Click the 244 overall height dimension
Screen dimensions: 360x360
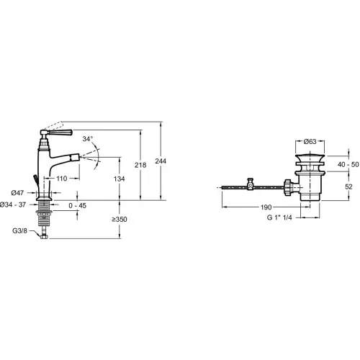(x=161, y=161)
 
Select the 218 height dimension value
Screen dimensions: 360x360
(x=140, y=165)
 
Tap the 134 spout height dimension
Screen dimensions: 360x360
(x=120, y=179)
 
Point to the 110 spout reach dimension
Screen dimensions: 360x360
(x=62, y=179)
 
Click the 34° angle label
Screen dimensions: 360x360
(x=88, y=139)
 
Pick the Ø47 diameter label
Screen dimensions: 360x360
(x=17, y=192)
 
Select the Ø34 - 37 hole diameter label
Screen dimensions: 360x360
(x=13, y=204)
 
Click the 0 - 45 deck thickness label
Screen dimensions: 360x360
(x=77, y=206)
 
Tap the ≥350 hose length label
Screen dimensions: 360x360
(x=120, y=220)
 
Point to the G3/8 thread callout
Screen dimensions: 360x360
(x=20, y=231)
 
